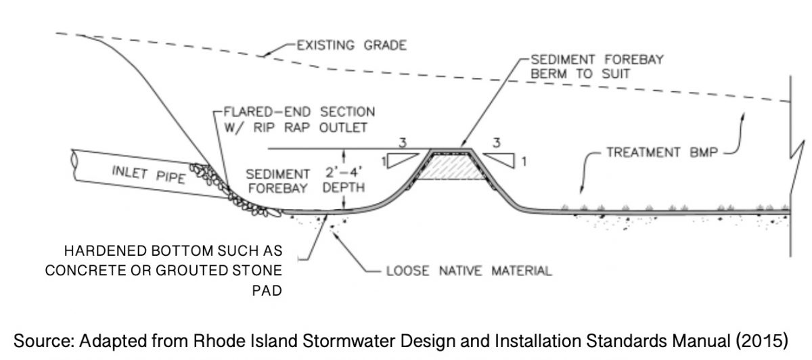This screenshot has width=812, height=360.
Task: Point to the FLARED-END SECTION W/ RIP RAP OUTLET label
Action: pos(294,118)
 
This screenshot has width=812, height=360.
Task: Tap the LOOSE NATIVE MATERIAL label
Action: pos(468,272)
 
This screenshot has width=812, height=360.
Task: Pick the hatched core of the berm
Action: pos(451,171)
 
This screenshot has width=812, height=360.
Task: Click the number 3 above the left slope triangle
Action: pos(403,143)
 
